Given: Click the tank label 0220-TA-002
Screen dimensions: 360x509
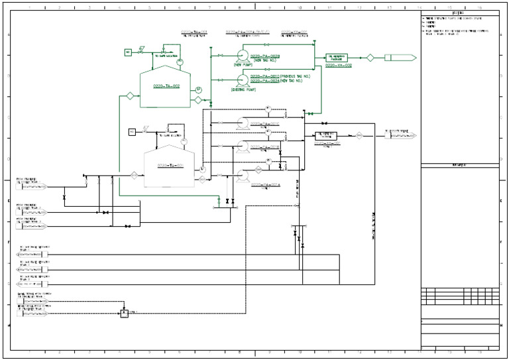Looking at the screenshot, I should pos(167,86).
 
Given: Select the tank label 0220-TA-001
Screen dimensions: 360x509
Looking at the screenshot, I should pos(170,164).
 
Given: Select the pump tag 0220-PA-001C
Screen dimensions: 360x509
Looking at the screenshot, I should pos(265,124).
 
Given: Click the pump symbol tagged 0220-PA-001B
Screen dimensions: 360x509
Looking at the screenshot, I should pos(242,147).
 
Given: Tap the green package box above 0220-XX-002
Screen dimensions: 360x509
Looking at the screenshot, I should pos(338,58).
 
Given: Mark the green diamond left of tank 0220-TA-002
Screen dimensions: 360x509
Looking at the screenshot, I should pos(130,97).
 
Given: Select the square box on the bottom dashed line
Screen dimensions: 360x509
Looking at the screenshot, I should pos(123,312).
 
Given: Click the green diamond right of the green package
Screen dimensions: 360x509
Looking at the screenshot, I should pos(370,58).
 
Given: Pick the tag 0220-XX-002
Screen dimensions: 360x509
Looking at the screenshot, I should pos(338,66).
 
